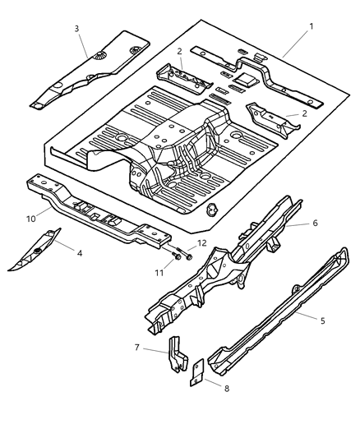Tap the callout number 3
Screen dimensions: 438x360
(x=76, y=28)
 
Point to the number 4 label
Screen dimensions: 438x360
(x=80, y=253)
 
